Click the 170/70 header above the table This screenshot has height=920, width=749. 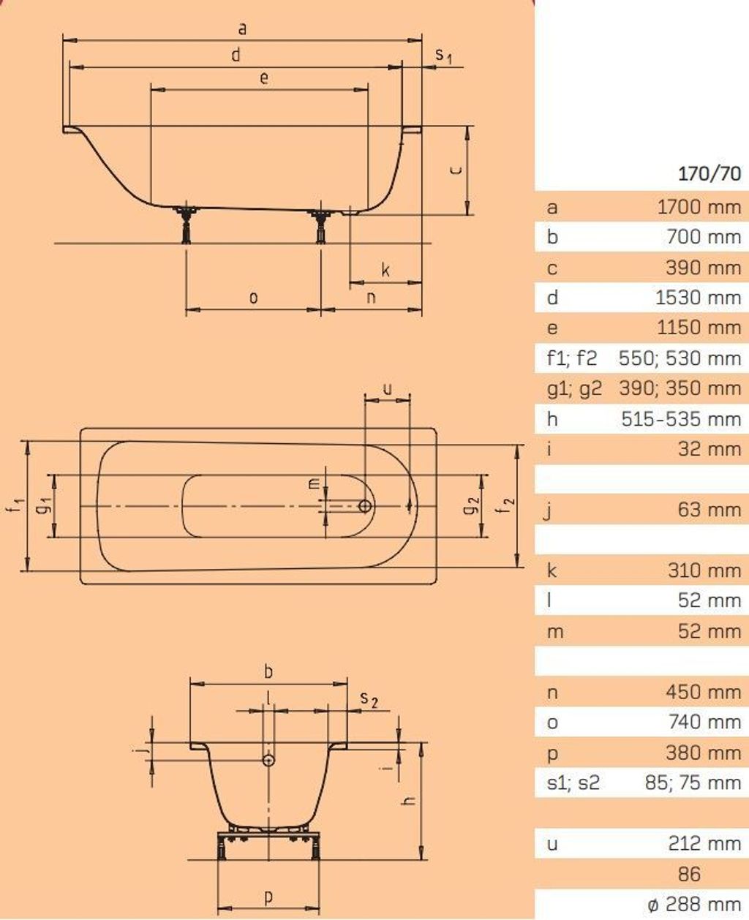tap(710, 173)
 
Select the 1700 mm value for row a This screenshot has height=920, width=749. tap(699, 207)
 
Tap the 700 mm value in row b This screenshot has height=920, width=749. tap(704, 237)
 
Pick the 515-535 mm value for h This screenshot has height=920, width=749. tap(681, 419)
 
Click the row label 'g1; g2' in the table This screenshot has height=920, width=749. tap(574, 389)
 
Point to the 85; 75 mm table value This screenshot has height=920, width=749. tap(693, 783)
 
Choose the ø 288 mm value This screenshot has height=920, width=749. tap(695, 904)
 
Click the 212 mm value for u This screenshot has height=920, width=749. tap(704, 843)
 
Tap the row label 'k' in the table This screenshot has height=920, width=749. tap(552, 570)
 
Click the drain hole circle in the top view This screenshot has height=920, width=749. tap(365, 506)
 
